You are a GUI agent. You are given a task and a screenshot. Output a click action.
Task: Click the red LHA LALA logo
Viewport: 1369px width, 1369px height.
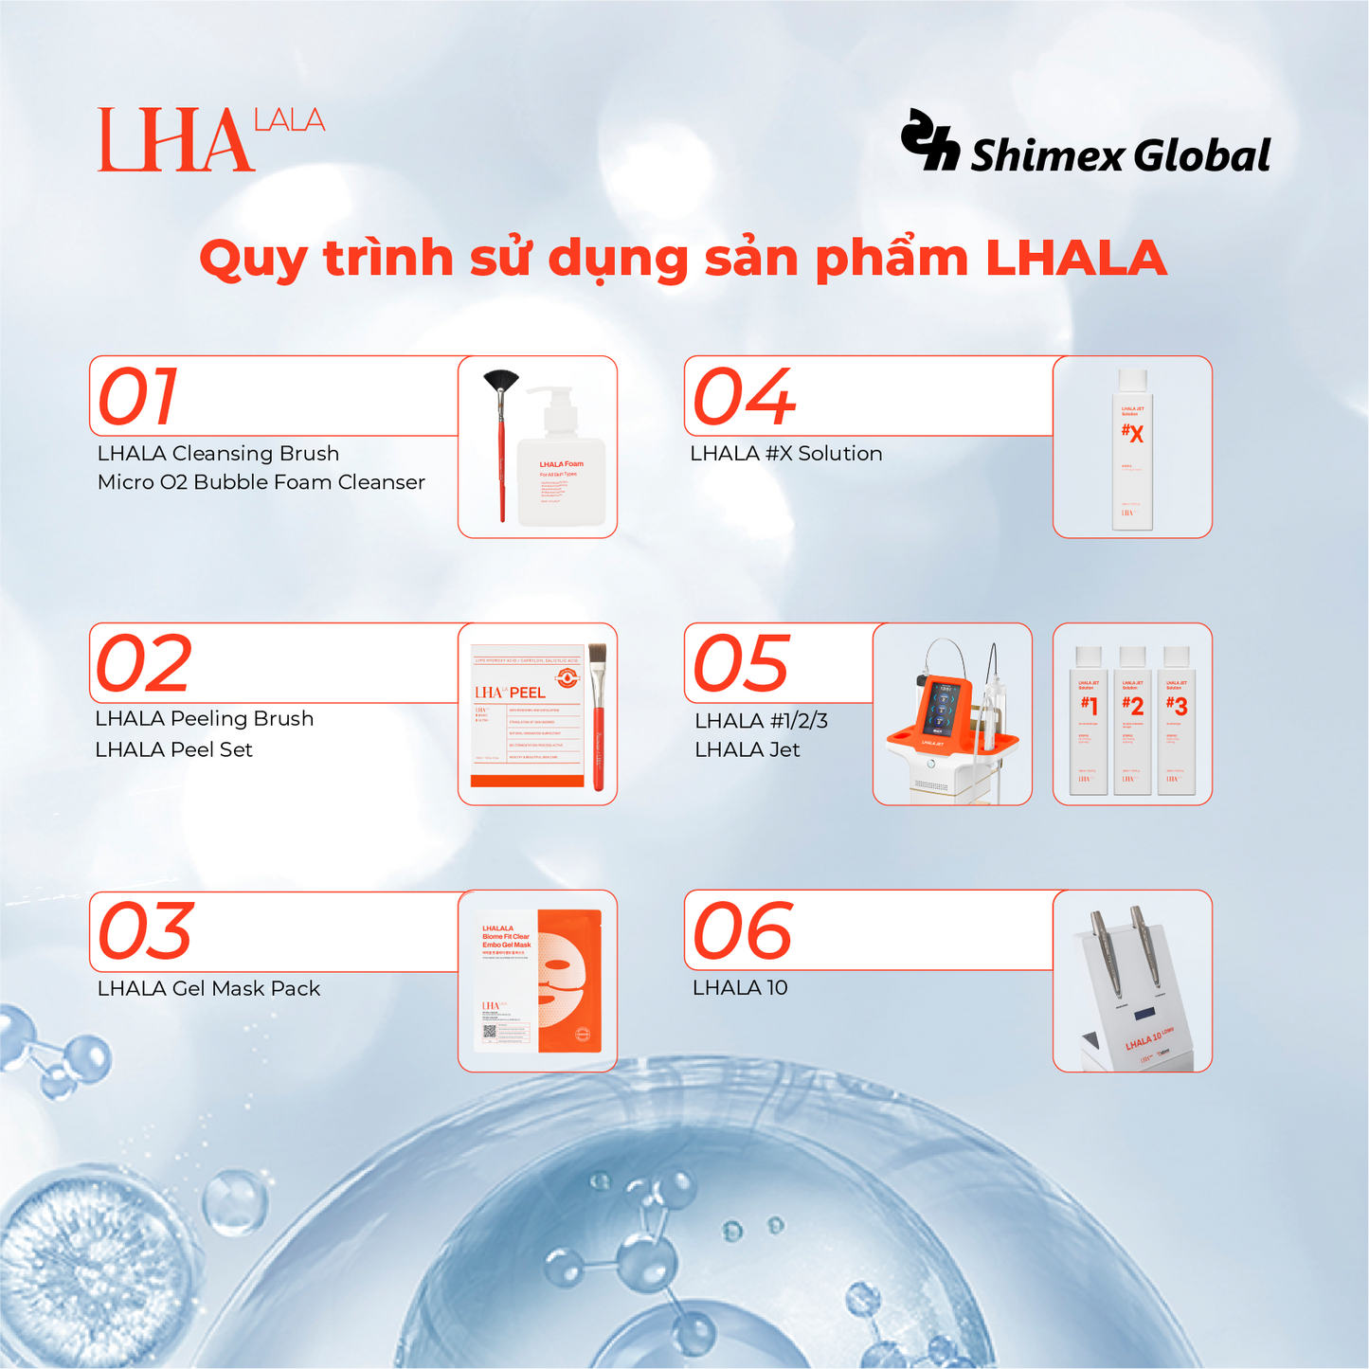click(210, 139)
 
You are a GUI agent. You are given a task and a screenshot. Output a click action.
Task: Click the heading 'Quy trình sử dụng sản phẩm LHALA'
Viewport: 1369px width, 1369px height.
click(683, 258)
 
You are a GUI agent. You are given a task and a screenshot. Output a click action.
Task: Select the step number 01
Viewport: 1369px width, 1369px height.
click(138, 397)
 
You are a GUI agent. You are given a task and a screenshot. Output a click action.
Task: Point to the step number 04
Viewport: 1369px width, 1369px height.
click(744, 397)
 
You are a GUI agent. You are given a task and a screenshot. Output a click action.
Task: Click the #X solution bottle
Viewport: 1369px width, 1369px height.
click(1132, 450)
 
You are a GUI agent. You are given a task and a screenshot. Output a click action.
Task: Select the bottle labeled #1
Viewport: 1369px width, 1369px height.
click(1089, 722)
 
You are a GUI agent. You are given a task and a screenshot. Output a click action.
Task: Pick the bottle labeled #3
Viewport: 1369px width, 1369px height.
click(1176, 722)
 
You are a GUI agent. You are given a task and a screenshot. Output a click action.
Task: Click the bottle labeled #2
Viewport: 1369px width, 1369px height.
click(1132, 722)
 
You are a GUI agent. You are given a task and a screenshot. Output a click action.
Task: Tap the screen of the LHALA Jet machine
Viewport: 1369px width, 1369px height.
click(942, 707)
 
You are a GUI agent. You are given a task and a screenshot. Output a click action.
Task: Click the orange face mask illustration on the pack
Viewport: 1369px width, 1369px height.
click(568, 981)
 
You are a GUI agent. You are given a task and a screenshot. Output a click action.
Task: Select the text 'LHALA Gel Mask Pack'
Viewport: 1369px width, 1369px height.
click(208, 988)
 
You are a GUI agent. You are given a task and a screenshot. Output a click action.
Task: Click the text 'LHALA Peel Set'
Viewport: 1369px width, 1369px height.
click(173, 749)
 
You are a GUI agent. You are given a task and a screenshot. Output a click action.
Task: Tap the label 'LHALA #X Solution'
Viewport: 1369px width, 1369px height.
click(785, 454)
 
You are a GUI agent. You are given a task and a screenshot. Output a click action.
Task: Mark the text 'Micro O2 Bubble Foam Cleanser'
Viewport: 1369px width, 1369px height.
click(261, 482)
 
